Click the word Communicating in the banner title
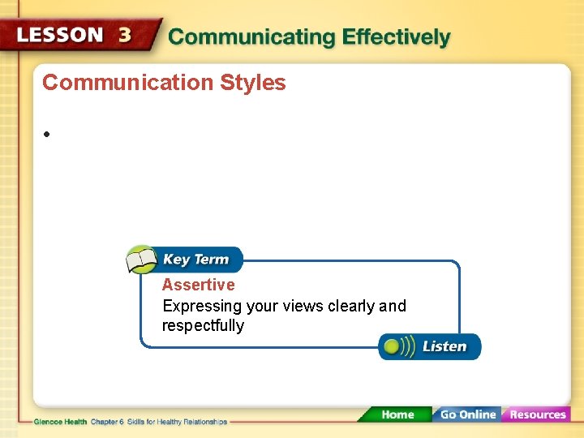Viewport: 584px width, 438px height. tap(251, 37)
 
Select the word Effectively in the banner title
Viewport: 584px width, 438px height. tap(396, 37)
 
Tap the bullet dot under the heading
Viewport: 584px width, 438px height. tap(48, 134)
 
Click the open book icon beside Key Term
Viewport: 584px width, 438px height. tap(142, 260)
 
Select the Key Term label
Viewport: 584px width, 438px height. tap(195, 260)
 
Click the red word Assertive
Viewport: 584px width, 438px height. tap(198, 285)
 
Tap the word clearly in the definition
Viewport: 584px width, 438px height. tap(350, 306)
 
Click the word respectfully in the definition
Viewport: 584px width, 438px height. tap(203, 325)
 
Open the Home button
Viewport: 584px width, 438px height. tap(397, 414)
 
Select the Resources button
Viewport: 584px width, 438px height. tap(537, 414)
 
